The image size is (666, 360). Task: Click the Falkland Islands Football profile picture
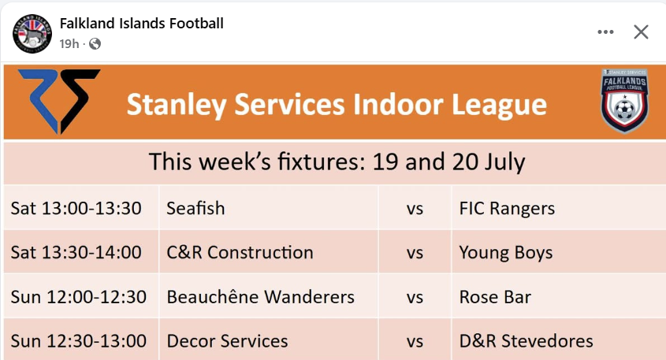pos(32,34)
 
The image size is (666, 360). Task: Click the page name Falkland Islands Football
pos(141,24)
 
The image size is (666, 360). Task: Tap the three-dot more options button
pos(605,32)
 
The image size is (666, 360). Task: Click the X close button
pos(641,32)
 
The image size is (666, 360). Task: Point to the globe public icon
pos(95,44)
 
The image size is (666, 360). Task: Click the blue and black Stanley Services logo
pos(59,101)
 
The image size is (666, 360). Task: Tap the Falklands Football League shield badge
pos(624,101)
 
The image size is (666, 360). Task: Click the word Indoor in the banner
pos(397,105)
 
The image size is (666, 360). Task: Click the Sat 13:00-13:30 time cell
pos(76,209)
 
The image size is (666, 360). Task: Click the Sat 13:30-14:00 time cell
pos(76,253)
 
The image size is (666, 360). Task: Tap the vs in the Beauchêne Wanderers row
pos(415,298)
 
